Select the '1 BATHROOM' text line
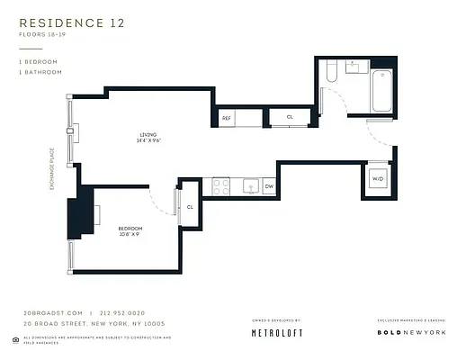40,71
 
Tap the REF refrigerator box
227,118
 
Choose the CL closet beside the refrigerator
290,117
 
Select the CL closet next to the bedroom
190,207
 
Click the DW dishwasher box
268,187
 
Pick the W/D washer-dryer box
377,178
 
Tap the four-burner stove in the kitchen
220,187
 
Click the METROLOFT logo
275,333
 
